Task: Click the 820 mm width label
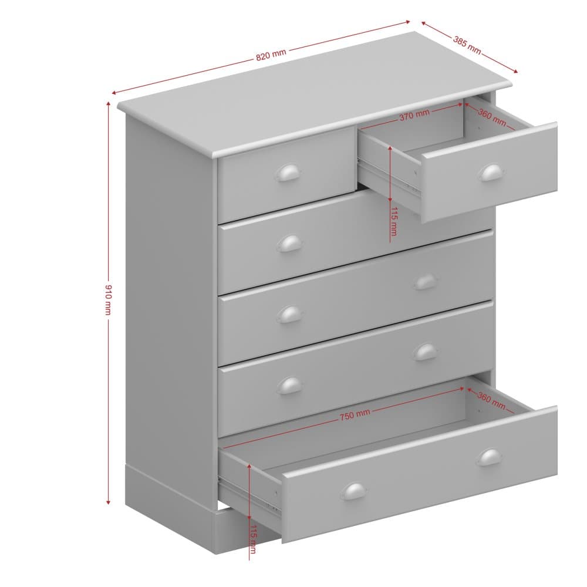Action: (x=271, y=55)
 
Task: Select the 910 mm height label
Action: (x=108, y=299)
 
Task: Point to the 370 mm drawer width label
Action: (x=414, y=115)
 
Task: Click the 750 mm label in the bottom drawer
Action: (x=355, y=415)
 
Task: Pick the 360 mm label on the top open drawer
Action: (x=492, y=117)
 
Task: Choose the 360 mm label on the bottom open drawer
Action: (x=491, y=400)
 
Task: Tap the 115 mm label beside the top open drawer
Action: (x=393, y=221)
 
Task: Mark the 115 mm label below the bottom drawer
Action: (x=253, y=539)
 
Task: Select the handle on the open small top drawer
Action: (x=490, y=173)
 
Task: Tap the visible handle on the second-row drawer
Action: (x=289, y=244)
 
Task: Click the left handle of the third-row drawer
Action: (x=289, y=315)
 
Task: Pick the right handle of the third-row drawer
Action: (x=426, y=282)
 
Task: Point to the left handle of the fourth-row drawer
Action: (x=289, y=386)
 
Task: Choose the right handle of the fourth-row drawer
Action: (x=426, y=352)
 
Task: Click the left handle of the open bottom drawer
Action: (x=353, y=491)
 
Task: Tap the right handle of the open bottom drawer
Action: (x=490, y=457)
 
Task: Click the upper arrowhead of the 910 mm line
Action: (x=108, y=104)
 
